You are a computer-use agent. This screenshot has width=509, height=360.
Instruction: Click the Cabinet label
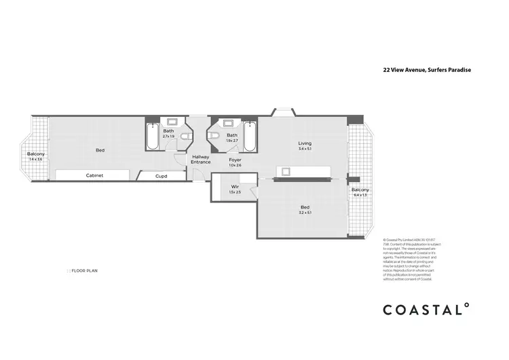94,175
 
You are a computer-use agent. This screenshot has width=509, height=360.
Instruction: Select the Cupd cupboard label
161,176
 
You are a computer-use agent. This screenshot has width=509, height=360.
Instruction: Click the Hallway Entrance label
200,160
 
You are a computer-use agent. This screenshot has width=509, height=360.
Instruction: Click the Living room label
305,143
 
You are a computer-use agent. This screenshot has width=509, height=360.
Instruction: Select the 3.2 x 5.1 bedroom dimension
305,213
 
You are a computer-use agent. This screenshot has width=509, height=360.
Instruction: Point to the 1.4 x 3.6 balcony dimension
35,160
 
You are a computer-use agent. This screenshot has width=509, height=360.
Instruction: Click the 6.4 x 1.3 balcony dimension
360,195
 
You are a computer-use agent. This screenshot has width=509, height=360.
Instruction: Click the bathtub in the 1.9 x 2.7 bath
250,136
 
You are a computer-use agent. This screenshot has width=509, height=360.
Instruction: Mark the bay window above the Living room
283,112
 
